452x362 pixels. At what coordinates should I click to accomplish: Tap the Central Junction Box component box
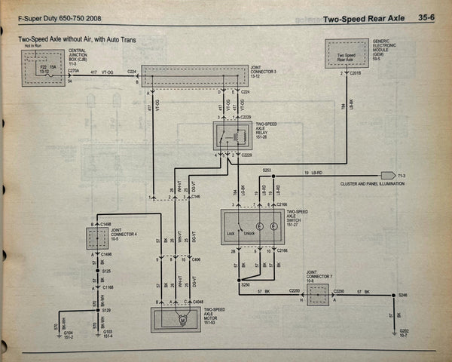pyautogui.click(x=43, y=68)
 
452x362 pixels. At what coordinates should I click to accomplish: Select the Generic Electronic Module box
pyautogui.click(x=347, y=54)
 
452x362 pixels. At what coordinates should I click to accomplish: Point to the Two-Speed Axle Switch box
pyautogui.click(x=252, y=227)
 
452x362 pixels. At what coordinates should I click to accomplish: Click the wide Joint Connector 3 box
pyautogui.click(x=194, y=75)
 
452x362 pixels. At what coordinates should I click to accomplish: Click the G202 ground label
pyautogui.click(x=405, y=333)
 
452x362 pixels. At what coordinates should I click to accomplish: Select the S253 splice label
pyautogui.click(x=267, y=170)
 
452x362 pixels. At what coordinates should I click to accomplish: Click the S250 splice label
pyautogui.click(x=245, y=284)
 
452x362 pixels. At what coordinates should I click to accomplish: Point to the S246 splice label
pyautogui.click(x=403, y=296)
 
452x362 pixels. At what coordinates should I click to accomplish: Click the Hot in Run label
pyautogui.click(x=32, y=46)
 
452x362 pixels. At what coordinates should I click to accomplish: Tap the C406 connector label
pyautogui.click(x=197, y=259)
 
